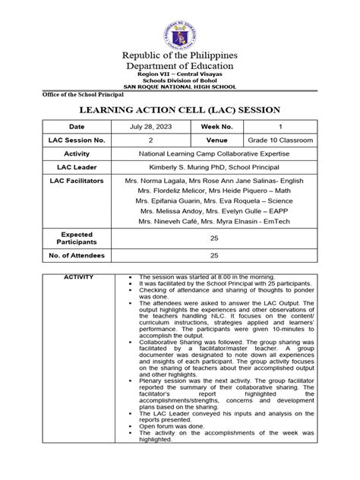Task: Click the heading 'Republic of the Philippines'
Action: click(x=180, y=55)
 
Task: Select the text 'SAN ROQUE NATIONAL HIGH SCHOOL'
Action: click(x=180, y=87)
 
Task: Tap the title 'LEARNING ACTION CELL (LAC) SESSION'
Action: click(x=180, y=109)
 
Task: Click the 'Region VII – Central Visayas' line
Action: click(x=180, y=73)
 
